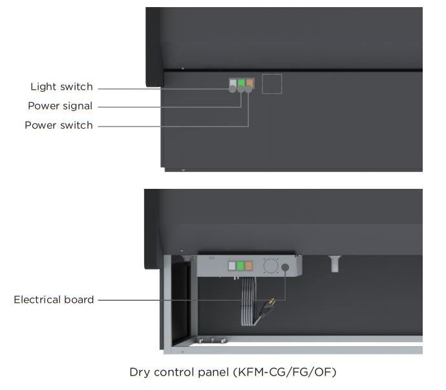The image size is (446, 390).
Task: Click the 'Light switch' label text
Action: (61, 87)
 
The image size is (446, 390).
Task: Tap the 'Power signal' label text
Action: (60, 106)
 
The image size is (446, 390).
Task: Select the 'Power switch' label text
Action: (59, 125)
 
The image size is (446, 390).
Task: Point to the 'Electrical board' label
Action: (54, 299)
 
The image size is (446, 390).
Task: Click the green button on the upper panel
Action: (242, 83)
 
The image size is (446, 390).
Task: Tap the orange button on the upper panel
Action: (250, 83)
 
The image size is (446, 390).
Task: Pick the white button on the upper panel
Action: (233, 83)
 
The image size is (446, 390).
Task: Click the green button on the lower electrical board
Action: (240, 266)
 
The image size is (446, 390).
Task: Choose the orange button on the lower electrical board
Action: (249, 266)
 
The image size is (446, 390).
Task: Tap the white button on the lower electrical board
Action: (232, 266)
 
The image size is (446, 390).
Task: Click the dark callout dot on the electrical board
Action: (285, 267)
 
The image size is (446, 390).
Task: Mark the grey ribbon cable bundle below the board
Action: (249, 301)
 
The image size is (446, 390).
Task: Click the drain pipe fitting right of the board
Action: (335, 264)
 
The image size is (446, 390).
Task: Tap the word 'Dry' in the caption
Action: (140, 373)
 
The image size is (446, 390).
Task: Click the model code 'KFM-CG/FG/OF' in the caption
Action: (285, 372)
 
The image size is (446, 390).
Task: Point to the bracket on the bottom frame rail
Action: (212, 340)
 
